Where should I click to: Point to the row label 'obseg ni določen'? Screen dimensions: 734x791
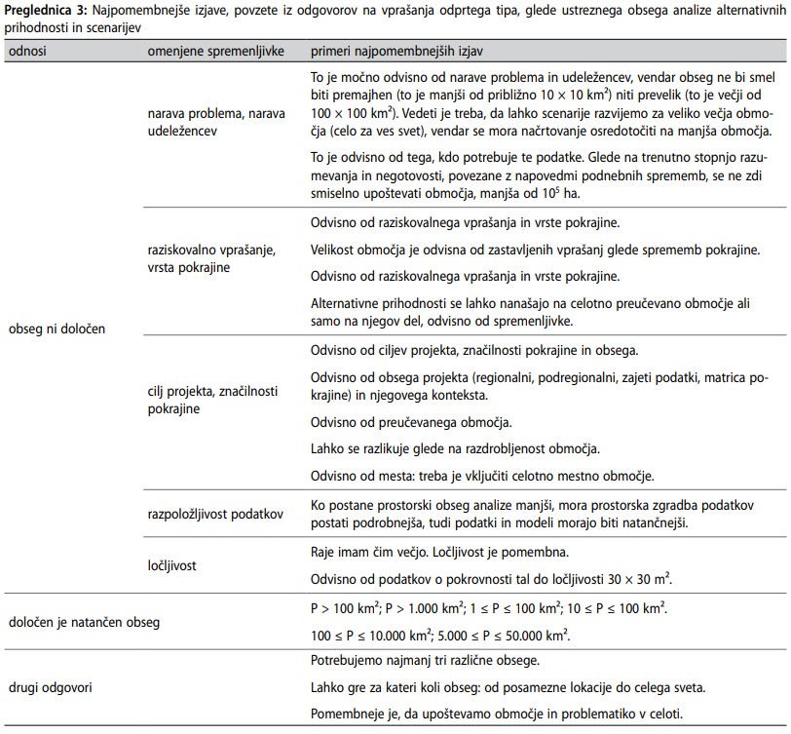click(x=56, y=328)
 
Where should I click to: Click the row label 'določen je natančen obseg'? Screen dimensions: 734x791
click(x=83, y=622)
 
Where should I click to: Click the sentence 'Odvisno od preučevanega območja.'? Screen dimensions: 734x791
click(x=410, y=423)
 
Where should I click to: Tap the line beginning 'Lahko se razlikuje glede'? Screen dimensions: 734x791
click(x=455, y=448)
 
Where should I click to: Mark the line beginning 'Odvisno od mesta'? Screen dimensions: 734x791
click(x=481, y=476)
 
